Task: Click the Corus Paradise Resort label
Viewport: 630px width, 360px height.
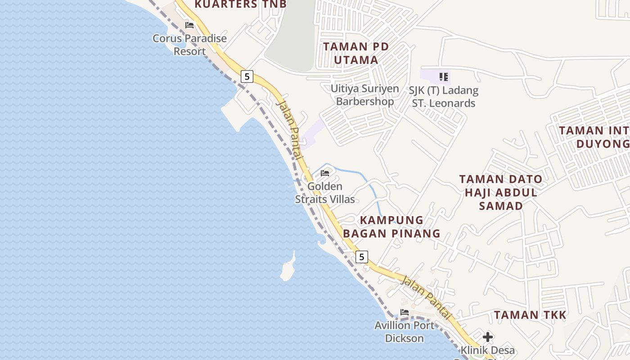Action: (189, 45)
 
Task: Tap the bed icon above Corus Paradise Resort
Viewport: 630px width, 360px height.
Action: (189, 25)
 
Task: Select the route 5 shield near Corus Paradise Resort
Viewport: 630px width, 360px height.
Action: (247, 76)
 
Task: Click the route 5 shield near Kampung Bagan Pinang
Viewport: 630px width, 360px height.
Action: (361, 257)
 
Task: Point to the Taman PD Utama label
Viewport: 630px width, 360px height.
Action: (356, 53)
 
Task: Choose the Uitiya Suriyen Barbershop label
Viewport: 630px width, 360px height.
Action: (364, 95)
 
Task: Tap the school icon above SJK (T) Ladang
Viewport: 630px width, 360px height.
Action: (444, 77)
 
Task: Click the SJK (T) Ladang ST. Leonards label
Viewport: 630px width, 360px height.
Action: (443, 97)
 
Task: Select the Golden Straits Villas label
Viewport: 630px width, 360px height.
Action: (325, 193)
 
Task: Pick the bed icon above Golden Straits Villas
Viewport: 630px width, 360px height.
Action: (325, 173)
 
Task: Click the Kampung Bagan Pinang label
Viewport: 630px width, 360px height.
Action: (391, 227)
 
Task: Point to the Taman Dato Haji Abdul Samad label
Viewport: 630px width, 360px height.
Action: (501, 193)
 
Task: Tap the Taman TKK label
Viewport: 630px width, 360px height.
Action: (530, 315)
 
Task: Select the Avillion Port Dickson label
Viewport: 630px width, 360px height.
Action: (405, 332)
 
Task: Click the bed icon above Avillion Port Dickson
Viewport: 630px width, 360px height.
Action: (405, 312)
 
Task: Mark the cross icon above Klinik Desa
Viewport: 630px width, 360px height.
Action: (487, 337)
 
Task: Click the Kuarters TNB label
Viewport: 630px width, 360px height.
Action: (240, 4)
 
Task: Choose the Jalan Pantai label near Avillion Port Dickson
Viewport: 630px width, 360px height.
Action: (425, 297)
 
